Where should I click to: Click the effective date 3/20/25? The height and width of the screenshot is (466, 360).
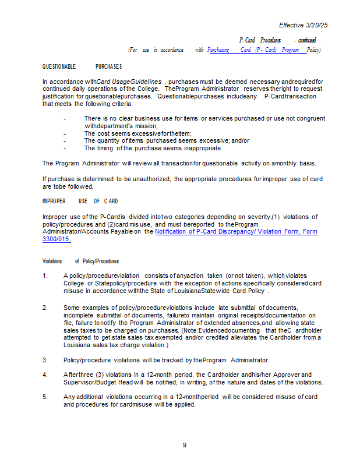click(316, 25)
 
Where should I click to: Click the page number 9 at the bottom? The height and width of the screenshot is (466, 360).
click(184, 445)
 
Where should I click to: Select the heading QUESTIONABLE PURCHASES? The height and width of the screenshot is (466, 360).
click(82, 67)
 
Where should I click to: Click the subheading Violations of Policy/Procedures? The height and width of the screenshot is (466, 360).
click(80, 262)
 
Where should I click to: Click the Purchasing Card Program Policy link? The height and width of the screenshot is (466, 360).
click(263, 50)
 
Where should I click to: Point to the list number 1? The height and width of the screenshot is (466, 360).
click(45, 276)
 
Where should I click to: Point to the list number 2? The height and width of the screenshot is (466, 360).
click(45, 307)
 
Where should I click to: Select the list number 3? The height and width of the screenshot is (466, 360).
click(45, 360)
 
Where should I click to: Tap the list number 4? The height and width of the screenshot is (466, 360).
click(45, 375)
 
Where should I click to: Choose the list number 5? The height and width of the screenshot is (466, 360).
click(45, 397)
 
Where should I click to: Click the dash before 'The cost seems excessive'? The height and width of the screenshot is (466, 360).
click(64, 133)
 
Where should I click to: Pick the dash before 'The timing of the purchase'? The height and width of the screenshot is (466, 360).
click(64, 148)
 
